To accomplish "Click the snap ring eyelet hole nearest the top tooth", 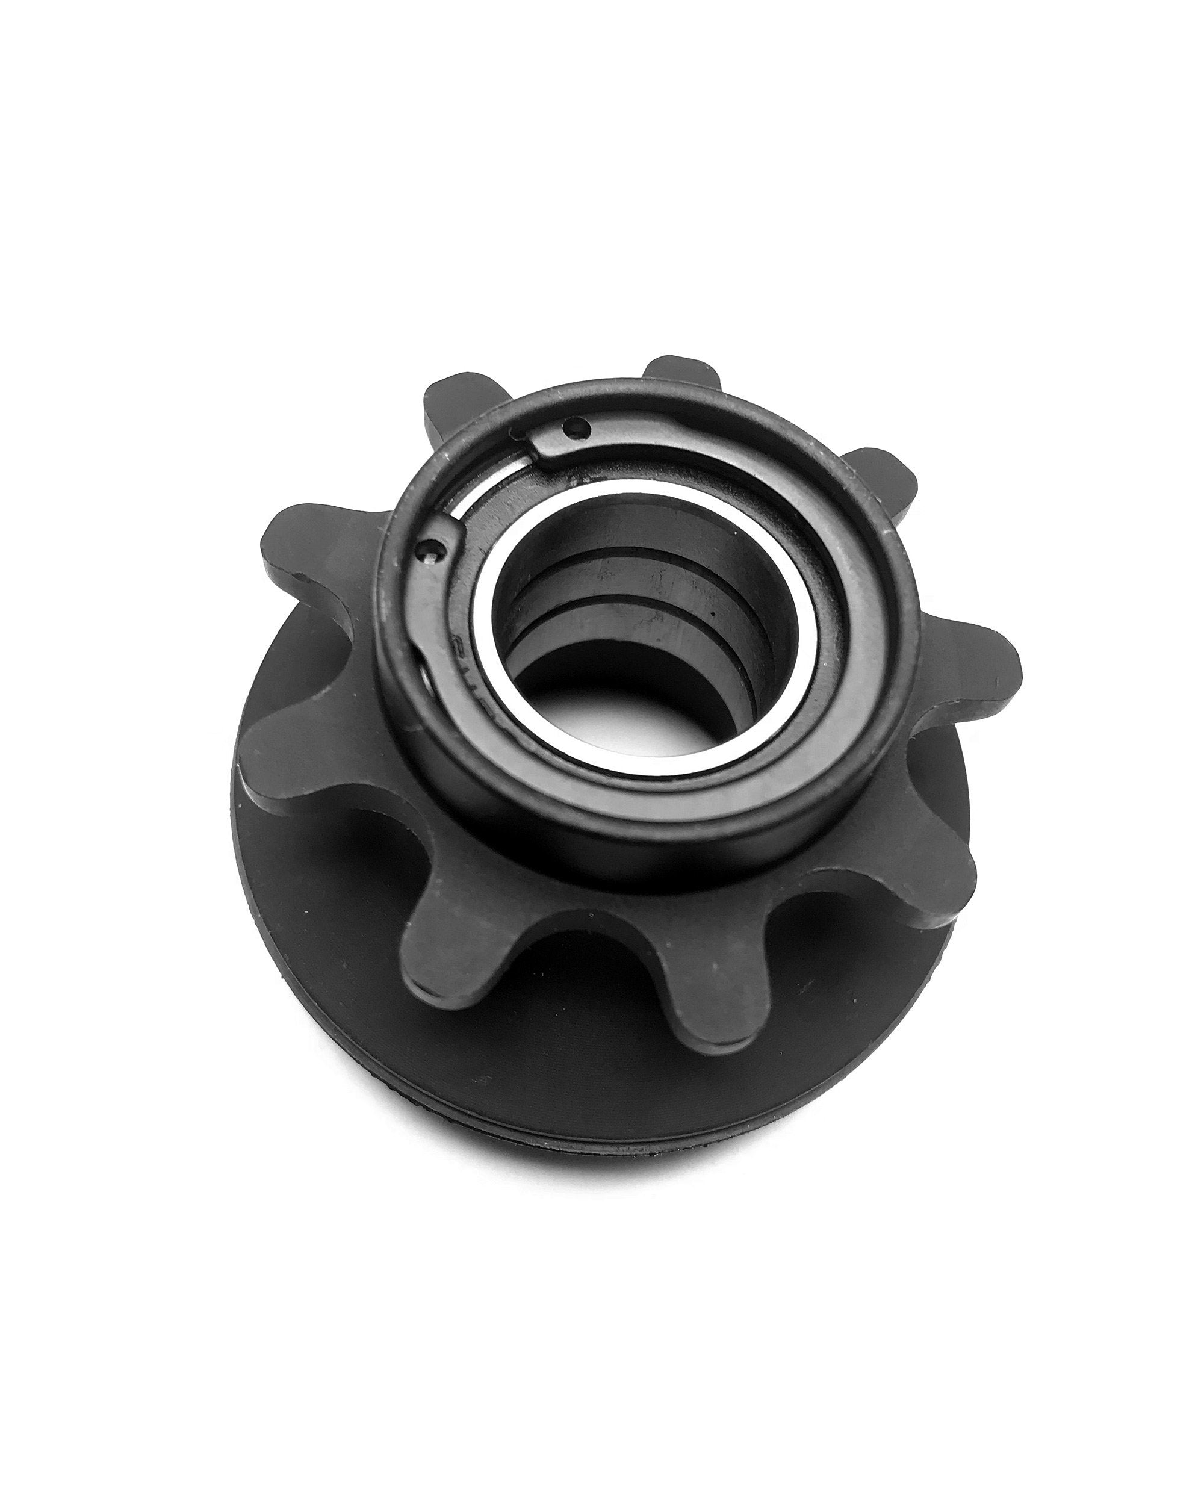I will click(x=573, y=424).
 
